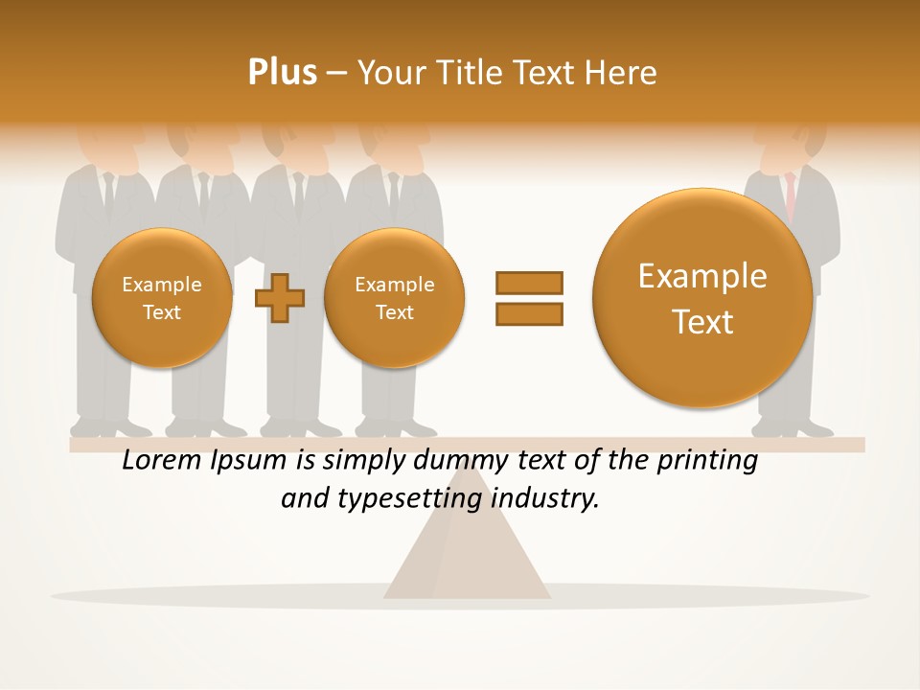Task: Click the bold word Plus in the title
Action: tap(282, 72)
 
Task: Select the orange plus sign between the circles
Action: tap(280, 297)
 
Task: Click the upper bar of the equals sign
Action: tap(529, 283)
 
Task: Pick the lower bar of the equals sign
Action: tap(529, 313)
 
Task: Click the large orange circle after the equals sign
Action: tap(702, 298)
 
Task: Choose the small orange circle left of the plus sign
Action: tap(162, 298)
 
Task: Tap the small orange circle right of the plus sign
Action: tap(394, 298)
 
